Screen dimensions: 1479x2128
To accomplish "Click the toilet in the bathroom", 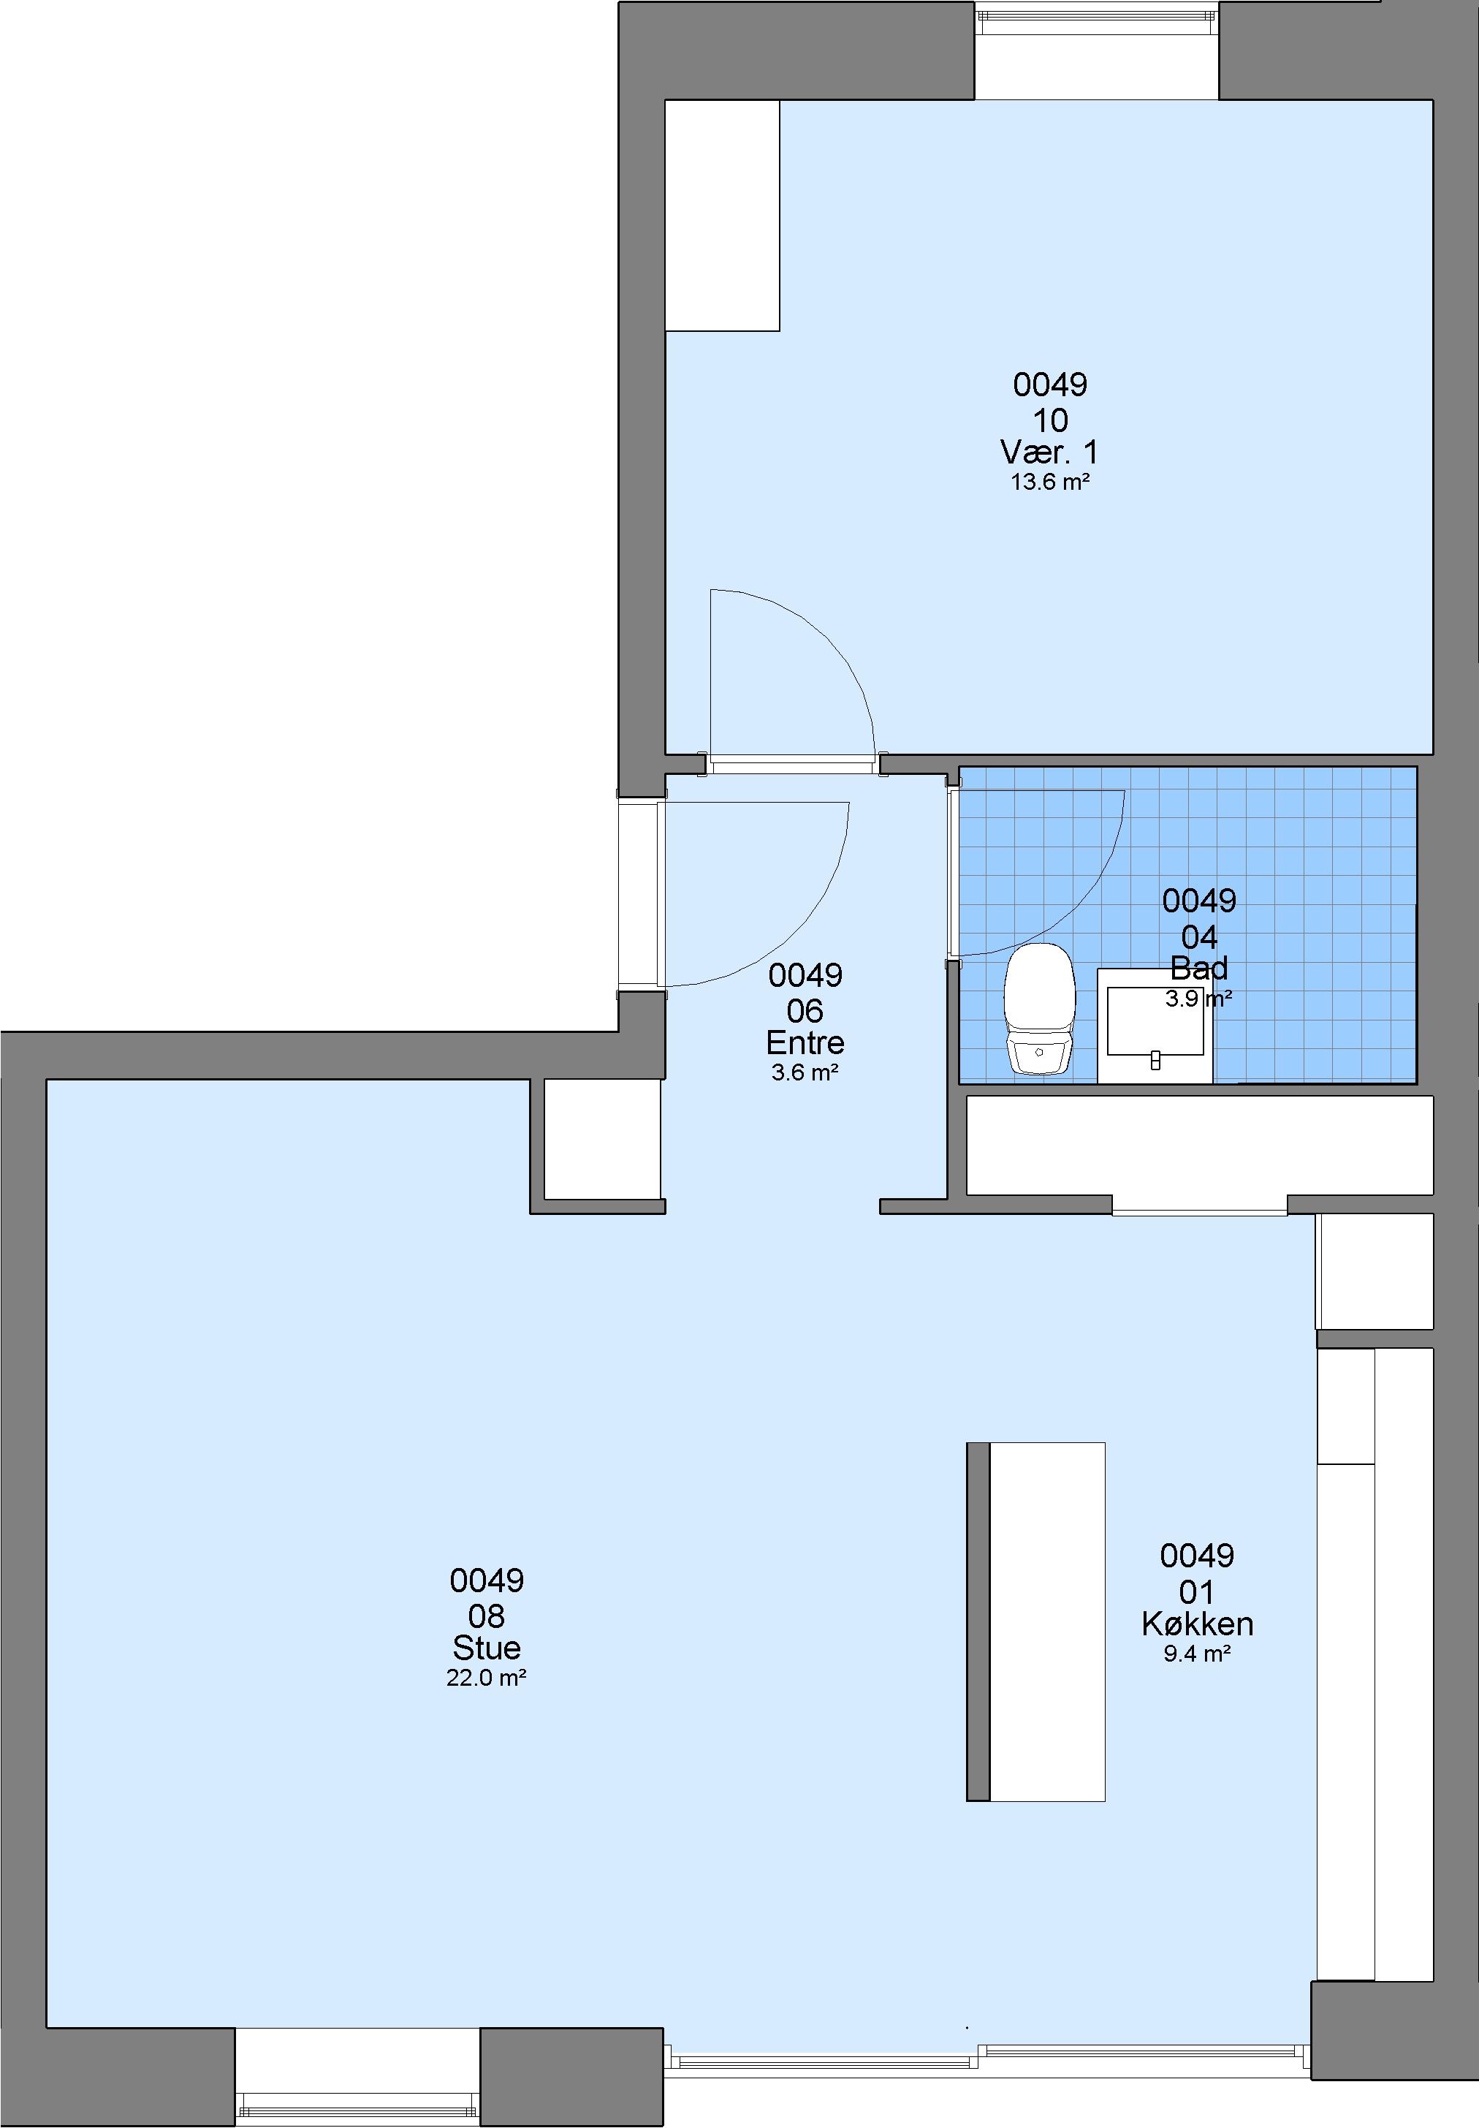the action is click(1040, 1008).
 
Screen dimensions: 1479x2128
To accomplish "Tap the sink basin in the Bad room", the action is click(1155, 1021).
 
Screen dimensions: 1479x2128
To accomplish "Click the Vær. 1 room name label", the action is click(1049, 453).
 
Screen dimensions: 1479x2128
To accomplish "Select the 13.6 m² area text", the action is click(1049, 482).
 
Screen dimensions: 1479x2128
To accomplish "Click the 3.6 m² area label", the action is click(805, 1072).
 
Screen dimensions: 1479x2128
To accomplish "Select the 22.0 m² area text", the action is click(487, 1678).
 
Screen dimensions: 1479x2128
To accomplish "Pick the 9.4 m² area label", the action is click(1197, 1654).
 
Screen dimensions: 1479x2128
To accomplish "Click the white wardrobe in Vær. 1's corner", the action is click(722, 215).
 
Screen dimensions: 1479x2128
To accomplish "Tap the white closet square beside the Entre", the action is click(601, 1139).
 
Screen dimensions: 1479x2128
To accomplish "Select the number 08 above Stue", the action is click(487, 1616).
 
